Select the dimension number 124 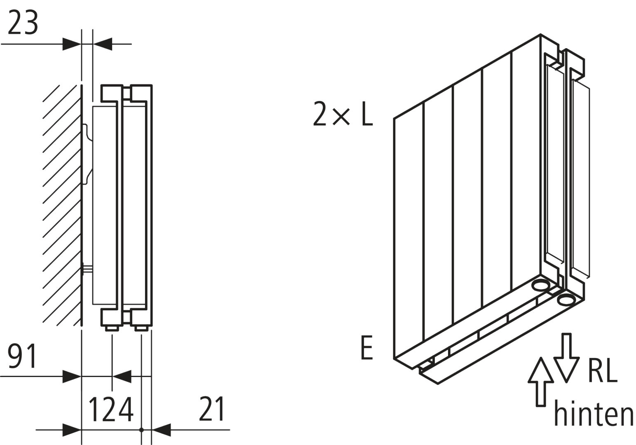point(111,410)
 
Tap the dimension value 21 point(211,410)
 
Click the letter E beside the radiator point(366,348)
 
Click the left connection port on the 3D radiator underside point(540,285)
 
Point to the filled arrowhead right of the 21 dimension point(162,430)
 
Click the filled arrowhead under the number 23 point(72,44)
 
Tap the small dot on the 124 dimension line point(141,430)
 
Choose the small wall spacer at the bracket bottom point(87,270)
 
